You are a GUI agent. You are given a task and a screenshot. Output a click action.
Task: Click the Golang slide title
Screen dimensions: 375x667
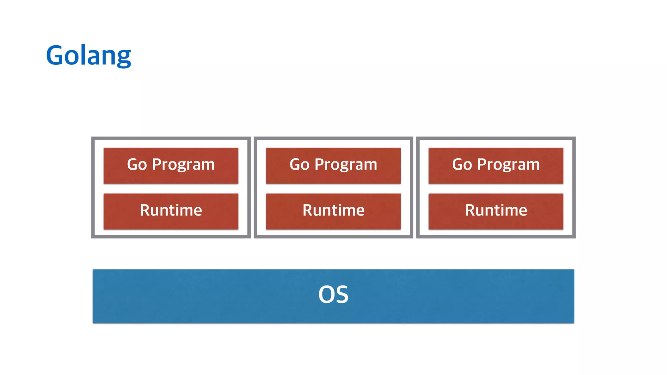pos(89,55)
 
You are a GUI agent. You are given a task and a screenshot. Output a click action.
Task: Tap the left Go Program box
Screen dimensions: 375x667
pos(171,165)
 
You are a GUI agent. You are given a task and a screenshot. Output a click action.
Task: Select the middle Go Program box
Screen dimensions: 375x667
pos(333,165)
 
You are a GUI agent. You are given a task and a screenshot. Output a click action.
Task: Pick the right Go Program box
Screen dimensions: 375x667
pos(496,165)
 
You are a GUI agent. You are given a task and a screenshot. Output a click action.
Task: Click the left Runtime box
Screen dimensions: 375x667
pos(171,211)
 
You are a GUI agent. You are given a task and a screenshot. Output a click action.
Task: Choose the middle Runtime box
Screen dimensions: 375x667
pos(333,211)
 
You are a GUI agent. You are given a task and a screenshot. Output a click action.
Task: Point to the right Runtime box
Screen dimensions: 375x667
pos(496,211)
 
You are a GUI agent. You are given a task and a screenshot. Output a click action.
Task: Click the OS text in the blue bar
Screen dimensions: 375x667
pos(333,295)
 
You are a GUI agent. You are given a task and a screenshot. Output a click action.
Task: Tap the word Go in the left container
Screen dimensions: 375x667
pos(137,164)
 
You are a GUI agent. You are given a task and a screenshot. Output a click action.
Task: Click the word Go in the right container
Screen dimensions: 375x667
pos(462,164)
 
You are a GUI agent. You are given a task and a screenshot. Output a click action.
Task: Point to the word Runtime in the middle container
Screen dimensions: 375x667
pos(333,210)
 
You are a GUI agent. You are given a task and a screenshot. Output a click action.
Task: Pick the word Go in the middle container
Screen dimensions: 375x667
pos(299,164)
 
